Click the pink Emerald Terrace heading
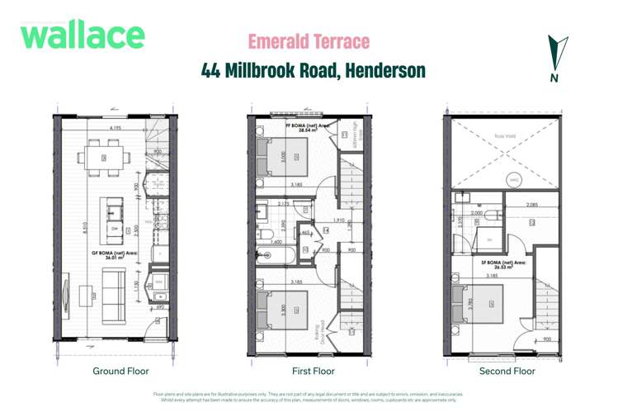[309, 41]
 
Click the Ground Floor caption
[120, 371]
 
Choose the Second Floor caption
[507, 371]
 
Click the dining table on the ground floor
[105, 157]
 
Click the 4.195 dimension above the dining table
[107, 129]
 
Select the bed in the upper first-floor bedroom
[285, 155]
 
